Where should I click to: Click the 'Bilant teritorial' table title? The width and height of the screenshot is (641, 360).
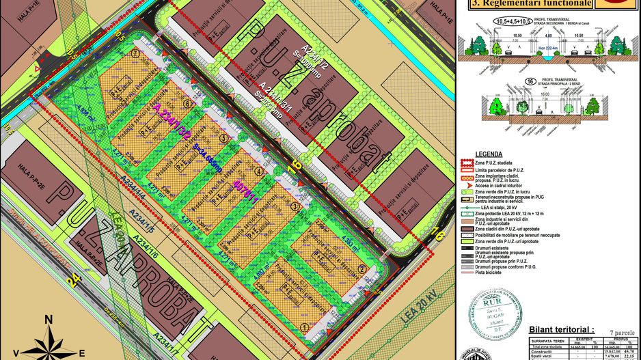564,329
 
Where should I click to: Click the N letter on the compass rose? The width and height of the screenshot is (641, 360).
48,319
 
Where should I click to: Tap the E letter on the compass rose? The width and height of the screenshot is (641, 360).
82,353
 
